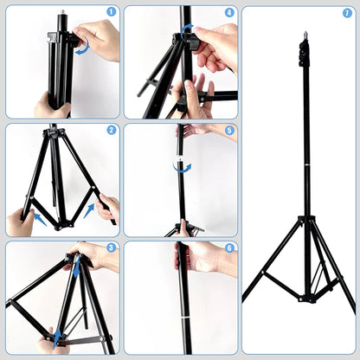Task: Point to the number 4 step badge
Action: point(229,13)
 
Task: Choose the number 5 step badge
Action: point(229,131)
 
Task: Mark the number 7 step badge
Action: point(347,13)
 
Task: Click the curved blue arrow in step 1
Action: point(83,49)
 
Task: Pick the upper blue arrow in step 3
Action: point(75,268)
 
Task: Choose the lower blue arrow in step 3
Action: point(58,335)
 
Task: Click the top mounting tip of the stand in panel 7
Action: point(305,36)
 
